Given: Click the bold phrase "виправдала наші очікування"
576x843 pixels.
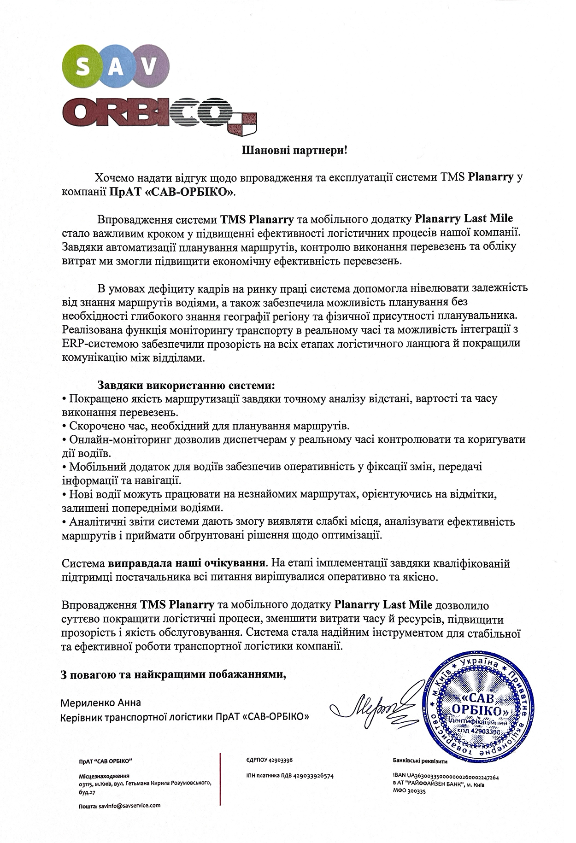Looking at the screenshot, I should tap(187, 563).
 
